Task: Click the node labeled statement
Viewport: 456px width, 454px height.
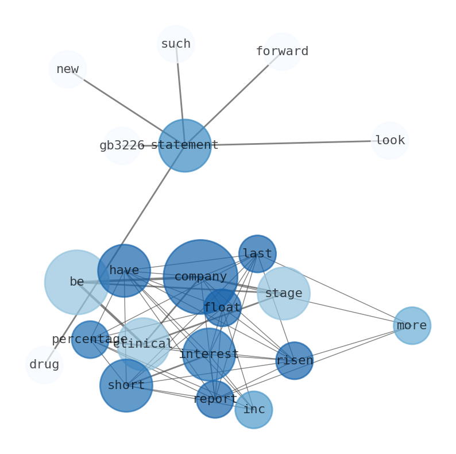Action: pos(184,145)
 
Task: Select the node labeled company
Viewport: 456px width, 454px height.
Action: pos(200,277)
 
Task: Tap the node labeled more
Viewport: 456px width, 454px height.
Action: pos(412,326)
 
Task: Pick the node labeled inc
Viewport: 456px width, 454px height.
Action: pos(254,410)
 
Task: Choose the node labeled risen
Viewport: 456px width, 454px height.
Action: pos(295,361)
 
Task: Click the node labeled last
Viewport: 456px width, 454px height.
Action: pos(257,253)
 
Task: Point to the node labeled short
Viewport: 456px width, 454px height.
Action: pos(126,386)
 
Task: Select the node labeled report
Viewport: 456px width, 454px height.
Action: pos(215,399)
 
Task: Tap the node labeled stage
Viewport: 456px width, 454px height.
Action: pos(284,294)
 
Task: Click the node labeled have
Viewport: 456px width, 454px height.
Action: pos(124,271)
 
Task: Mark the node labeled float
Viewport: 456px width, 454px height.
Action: pos(222,308)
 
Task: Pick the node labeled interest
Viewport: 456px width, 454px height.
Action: pos(209,355)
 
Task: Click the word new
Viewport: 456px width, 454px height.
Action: pos(68,70)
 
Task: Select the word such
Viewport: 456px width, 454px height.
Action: pos(176,44)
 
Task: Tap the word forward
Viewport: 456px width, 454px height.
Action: pos(282,52)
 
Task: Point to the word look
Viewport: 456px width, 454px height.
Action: pos(390,141)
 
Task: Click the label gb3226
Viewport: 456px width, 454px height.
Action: pos(122,146)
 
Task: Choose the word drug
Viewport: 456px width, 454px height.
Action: pos(44,365)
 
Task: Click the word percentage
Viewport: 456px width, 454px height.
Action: pos(90,340)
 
